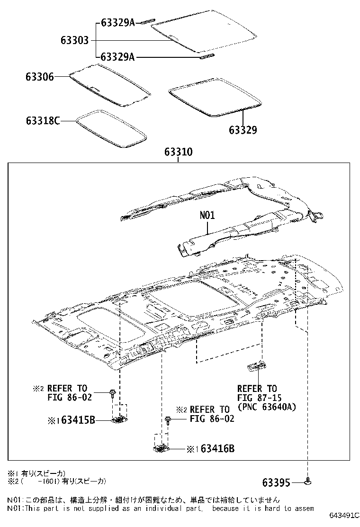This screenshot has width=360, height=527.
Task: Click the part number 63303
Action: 74,40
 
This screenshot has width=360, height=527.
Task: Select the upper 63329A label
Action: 118,22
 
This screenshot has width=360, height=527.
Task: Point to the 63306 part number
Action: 40,76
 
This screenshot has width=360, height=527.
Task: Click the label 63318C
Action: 43,121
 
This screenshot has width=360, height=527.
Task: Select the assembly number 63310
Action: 178,153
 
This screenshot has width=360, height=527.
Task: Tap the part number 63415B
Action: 75,420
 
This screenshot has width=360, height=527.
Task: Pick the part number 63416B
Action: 213,449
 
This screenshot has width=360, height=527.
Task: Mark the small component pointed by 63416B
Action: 161,447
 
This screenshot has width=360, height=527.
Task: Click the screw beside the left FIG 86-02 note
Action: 113,392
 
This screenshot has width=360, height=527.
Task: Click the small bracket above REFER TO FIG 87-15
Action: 256,364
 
